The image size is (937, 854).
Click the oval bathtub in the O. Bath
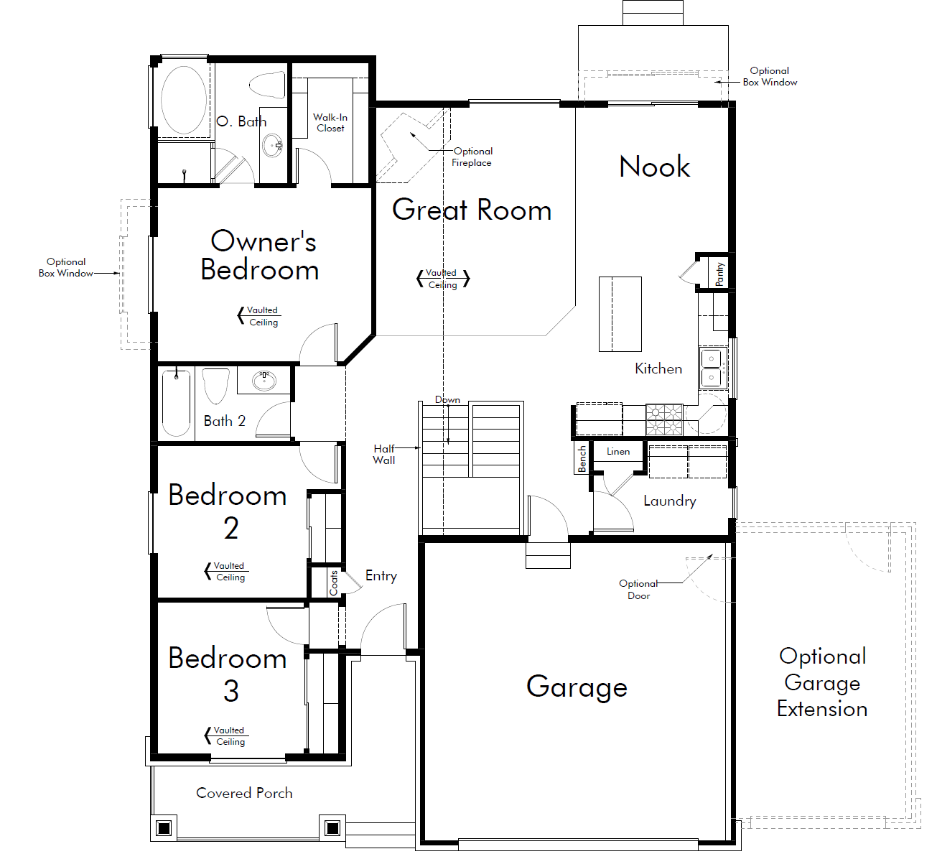(x=184, y=100)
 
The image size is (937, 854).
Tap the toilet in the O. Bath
(x=267, y=85)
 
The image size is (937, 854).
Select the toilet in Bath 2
(x=216, y=386)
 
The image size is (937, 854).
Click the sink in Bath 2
(x=264, y=381)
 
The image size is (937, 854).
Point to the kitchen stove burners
(x=664, y=419)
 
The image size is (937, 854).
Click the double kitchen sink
(x=712, y=368)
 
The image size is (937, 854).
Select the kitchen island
(x=620, y=314)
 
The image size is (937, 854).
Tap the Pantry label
(x=719, y=274)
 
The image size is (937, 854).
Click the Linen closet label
(x=618, y=452)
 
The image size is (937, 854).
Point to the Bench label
(x=582, y=459)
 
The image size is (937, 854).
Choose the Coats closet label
(x=333, y=583)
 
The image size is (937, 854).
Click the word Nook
(x=654, y=167)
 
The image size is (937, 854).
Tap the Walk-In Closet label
(x=330, y=123)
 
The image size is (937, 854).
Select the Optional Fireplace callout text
(x=472, y=157)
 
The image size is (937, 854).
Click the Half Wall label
(x=384, y=455)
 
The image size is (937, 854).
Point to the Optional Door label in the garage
(x=638, y=590)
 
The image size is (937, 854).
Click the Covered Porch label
(x=244, y=793)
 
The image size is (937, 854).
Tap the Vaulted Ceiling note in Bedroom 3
(x=229, y=735)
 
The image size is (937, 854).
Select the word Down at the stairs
(x=447, y=399)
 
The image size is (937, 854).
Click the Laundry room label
(x=670, y=501)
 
